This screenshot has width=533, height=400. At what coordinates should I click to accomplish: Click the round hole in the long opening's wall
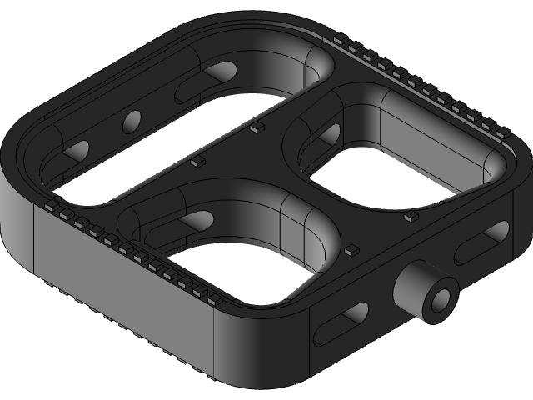pyautogui.click(x=132, y=123)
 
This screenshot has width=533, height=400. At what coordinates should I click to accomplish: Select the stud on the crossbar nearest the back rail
pyautogui.click(x=257, y=127)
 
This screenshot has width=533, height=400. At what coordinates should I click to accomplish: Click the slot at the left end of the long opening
pyautogui.click(x=75, y=152)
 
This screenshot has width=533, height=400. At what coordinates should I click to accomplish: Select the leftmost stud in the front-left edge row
pyautogui.click(x=50, y=203)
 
